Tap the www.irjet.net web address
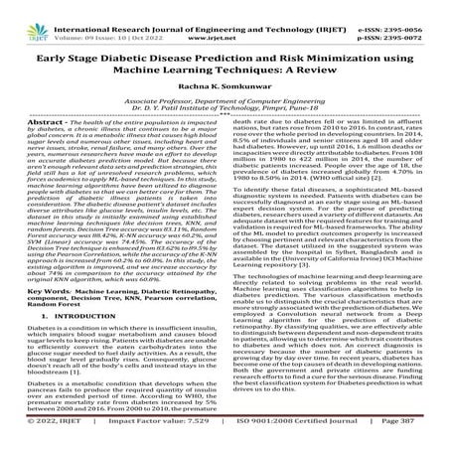click(226, 19)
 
